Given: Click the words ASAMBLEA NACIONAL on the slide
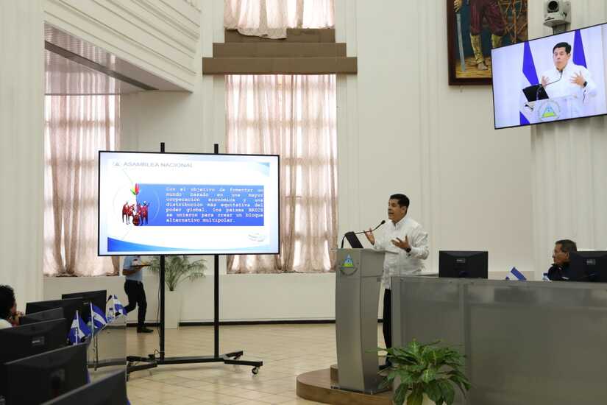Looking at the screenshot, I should pos(157,165).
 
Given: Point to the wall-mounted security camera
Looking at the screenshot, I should pos(556,12).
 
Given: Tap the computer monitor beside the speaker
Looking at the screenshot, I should pos(463,264).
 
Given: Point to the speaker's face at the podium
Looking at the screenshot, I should pos(398,208).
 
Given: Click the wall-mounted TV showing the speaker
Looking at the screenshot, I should pos(549,76).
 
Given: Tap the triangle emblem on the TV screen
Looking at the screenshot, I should pos(549,111).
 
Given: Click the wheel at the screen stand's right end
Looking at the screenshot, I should pos(255,369).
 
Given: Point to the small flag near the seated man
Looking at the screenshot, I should pos(517,274).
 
